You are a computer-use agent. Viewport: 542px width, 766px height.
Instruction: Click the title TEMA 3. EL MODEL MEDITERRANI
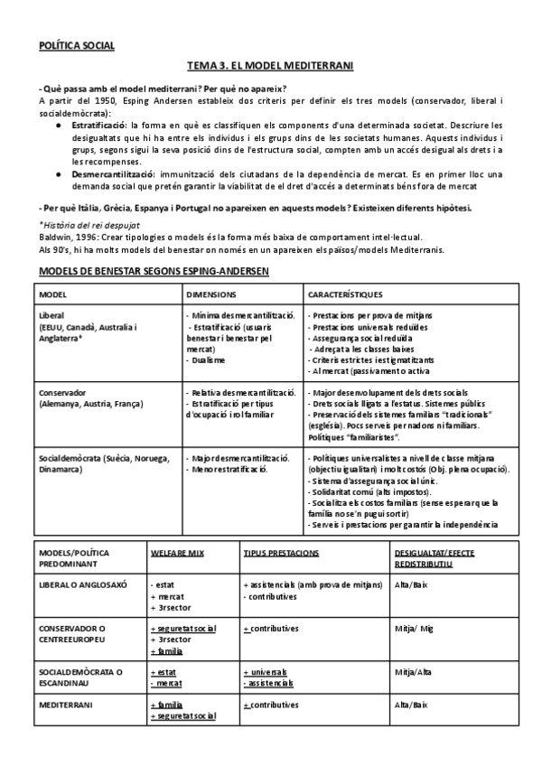tap(270, 66)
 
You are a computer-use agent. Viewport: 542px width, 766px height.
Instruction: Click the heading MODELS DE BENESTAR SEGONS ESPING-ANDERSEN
tap(150, 271)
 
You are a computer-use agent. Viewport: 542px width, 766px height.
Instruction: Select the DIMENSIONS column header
tap(212, 294)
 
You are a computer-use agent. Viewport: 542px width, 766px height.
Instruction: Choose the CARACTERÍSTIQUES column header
tap(345, 294)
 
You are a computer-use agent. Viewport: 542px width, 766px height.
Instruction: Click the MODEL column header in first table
tap(53, 294)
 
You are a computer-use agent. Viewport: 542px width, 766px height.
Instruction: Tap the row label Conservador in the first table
tap(63, 393)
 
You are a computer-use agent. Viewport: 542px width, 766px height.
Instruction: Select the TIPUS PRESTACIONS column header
tap(283, 550)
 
